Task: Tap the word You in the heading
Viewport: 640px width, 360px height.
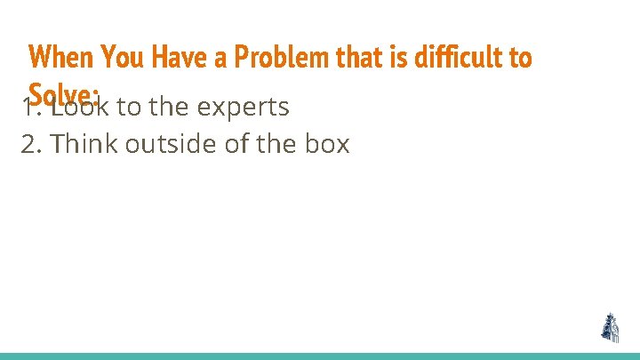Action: tap(124, 58)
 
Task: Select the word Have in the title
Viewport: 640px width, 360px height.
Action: tap(179, 58)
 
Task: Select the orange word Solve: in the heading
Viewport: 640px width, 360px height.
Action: tap(62, 92)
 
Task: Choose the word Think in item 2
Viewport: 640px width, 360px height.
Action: tap(85, 143)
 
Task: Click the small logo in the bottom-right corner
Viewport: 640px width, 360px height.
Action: tap(610, 328)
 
